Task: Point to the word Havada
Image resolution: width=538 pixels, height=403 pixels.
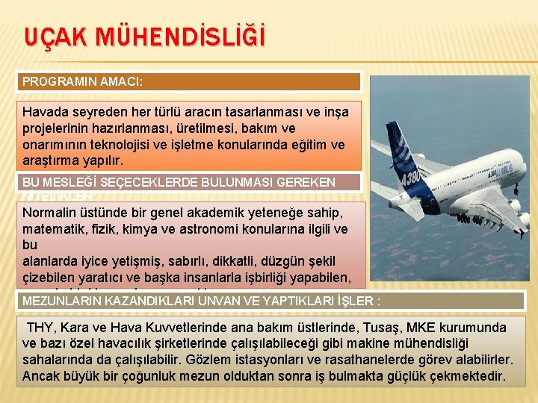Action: click(x=46, y=112)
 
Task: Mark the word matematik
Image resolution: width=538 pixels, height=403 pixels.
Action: click(x=55, y=229)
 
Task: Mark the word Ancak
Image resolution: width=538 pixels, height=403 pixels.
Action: click(x=40, y=375)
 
